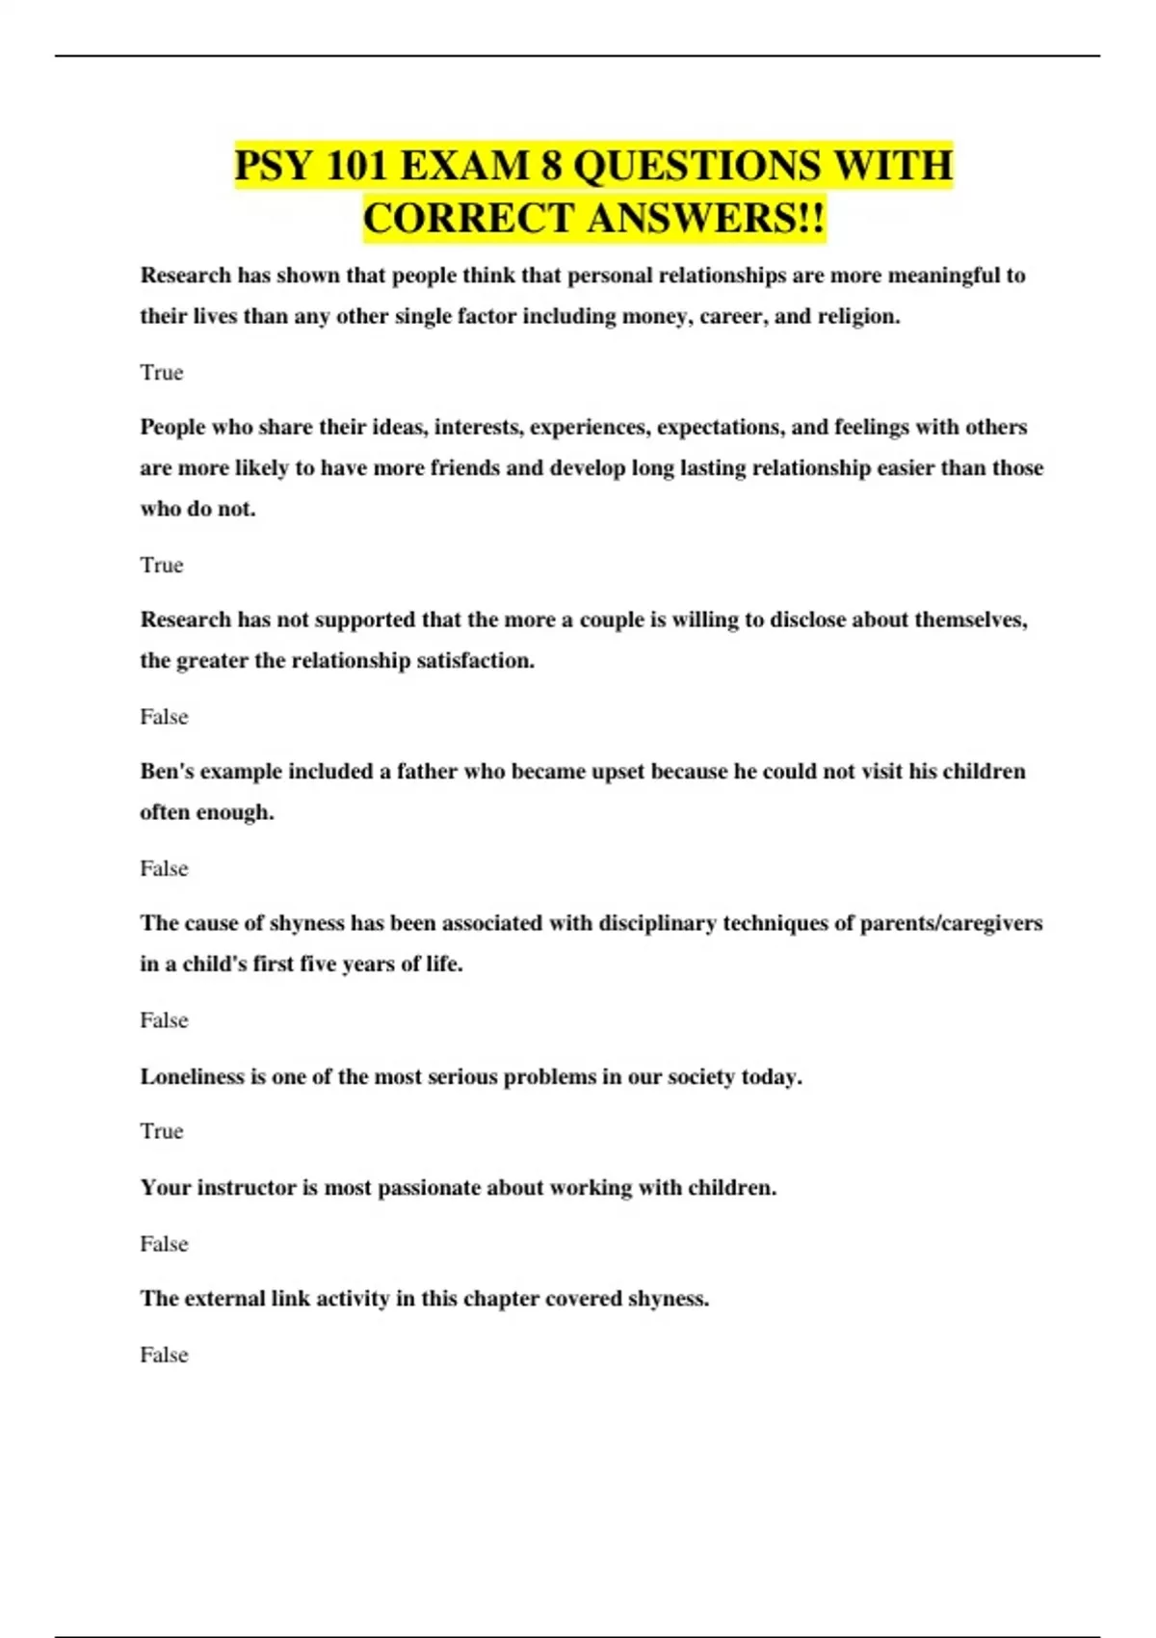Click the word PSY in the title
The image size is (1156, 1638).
[274, 166]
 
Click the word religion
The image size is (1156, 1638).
[858, 317]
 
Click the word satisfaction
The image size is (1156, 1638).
[475, 661]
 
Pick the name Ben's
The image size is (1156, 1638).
[167, 772]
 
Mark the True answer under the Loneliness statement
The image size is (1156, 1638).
[161, 1131]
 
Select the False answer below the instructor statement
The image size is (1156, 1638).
[164, 1244]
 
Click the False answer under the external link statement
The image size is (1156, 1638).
[164, 1355]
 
